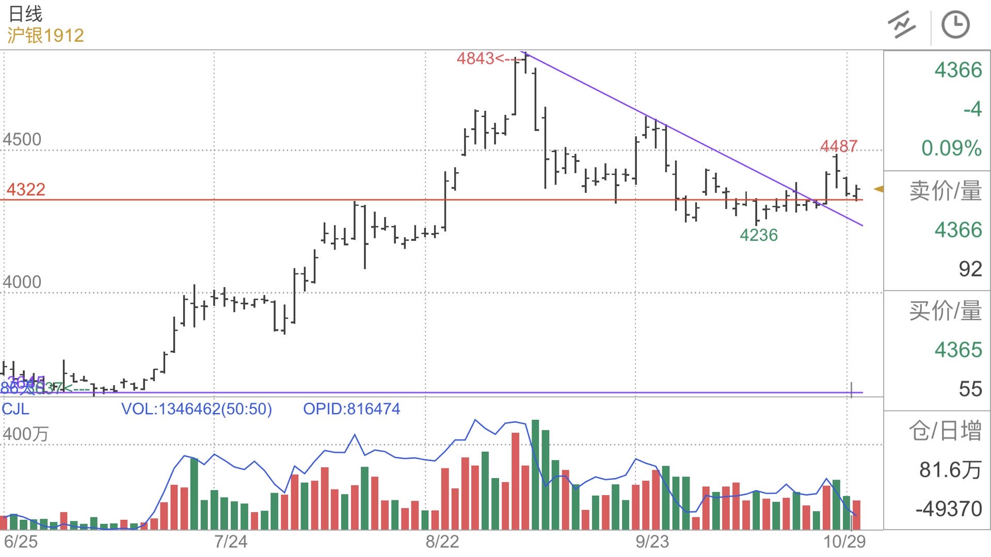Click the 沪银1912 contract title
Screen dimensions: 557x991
point(45,36)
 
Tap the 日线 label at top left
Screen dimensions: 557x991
point(25,14)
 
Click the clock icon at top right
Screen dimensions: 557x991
point(955,25)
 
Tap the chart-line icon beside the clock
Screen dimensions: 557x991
point(902,25)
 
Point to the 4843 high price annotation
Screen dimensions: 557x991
point(475,59)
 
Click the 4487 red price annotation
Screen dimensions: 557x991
point(839,146)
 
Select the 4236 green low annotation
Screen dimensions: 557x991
point(758,235)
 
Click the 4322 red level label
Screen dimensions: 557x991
point(26,190)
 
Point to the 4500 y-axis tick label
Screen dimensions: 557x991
point(22,139)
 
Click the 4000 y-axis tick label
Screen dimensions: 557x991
point(22,282)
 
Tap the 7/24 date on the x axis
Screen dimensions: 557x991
point(231,542)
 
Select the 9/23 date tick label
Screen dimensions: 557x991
point(652,542)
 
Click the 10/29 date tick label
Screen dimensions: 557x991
point(844,542)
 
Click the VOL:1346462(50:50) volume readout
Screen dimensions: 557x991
point(196,409)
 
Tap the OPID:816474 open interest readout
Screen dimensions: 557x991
point(351,409)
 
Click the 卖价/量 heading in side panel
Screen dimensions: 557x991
point(945,191)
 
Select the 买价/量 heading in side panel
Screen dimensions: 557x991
point(945,311)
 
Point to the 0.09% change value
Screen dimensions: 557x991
point(951,149)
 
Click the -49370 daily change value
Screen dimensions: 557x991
point(949,509)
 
